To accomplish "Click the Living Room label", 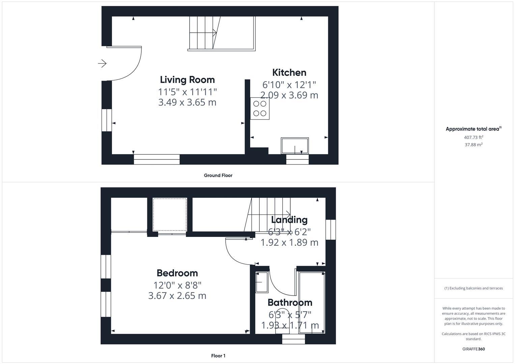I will (x=187, y=80).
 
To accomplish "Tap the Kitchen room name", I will (x=289, y=72).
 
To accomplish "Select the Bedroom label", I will (x=177, y=273).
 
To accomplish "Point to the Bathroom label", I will (x=290, y=302).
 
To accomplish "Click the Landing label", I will (x=289, y=220).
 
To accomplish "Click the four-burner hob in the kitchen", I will (x=260, y=109).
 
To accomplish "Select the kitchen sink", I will (x=295, y=146).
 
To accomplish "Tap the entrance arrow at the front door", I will (x=103, y=63).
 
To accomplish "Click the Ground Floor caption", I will (x=218, y=175).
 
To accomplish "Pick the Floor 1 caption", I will (x=218, y=356).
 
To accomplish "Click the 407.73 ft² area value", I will (x=474, y=137).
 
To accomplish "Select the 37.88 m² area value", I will (x=474, y=145).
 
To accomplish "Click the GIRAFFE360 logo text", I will (x=474, y=349).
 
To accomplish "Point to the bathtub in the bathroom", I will (x=312, y=302).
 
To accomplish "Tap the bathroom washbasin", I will (x=262, y=282).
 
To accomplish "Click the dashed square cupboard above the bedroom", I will (x=170, y=214).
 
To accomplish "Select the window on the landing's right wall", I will (x=331, y=230).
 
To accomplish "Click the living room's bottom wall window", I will (x=156, y=159).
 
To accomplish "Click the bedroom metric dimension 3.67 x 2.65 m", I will (x=177, y=296).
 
